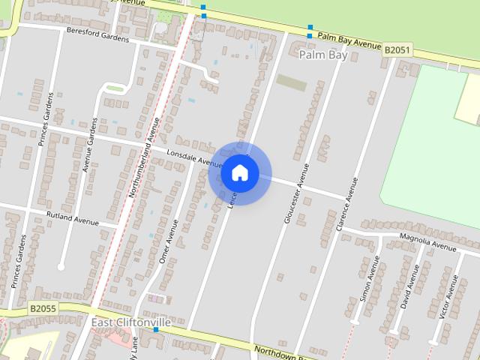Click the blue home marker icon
point(239,173)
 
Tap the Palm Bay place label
point(323,55)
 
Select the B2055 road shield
point(44,308)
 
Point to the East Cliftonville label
point(131,322)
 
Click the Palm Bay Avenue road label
point(349,40)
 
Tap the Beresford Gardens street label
point(97,35)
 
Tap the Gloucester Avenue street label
point(296,193)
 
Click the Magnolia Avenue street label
point(427,242)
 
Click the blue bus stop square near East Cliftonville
point(156,329)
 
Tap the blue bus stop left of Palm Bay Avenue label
point(310,35)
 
